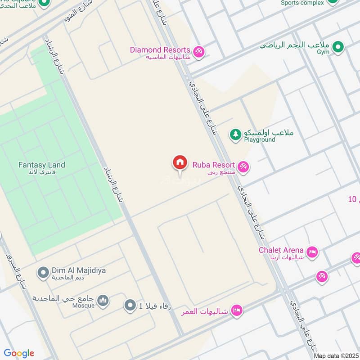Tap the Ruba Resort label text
pyautogui.click(x=213, y=164)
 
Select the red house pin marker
pyautogui.click(x=180, y=162)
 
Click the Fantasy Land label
pyautogui.click(x=41, y=165)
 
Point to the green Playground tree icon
pyautogui.click(x=235, y=134)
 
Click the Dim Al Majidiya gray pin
pyautogui.click(x=43, y=272)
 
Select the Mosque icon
pyautogui.click(x=103, y=300)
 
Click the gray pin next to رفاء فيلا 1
pyautogui.click(x=130, y=306)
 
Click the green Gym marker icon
pyautogui.click(x=338, y=46)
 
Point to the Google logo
pyautogui.click(x=19, y=353)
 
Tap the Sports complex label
pyautogui.click(x=302, y=3)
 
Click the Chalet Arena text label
pyautogui.click(x=281, y=250)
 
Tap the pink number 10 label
pyautogui.click(x=353, y=199)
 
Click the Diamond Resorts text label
pyautogui.click(x=160, y=49)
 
